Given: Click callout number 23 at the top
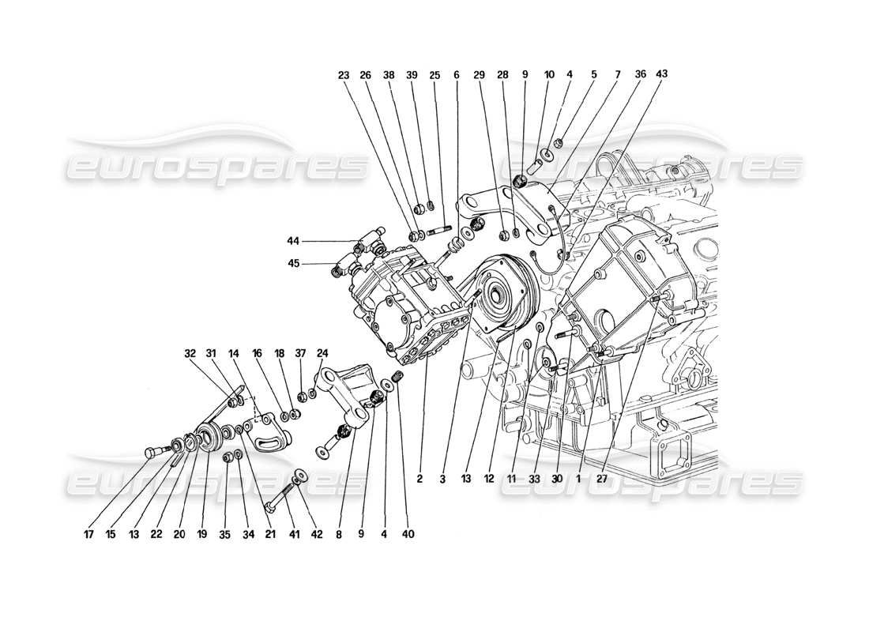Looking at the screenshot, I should coord(343,75).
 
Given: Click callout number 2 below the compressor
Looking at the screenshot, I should coord(420,479).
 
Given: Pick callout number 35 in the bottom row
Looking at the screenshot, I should coord(226,534).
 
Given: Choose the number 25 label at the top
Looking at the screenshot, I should coord(434,75).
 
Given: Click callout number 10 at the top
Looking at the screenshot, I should coord(549,75).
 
